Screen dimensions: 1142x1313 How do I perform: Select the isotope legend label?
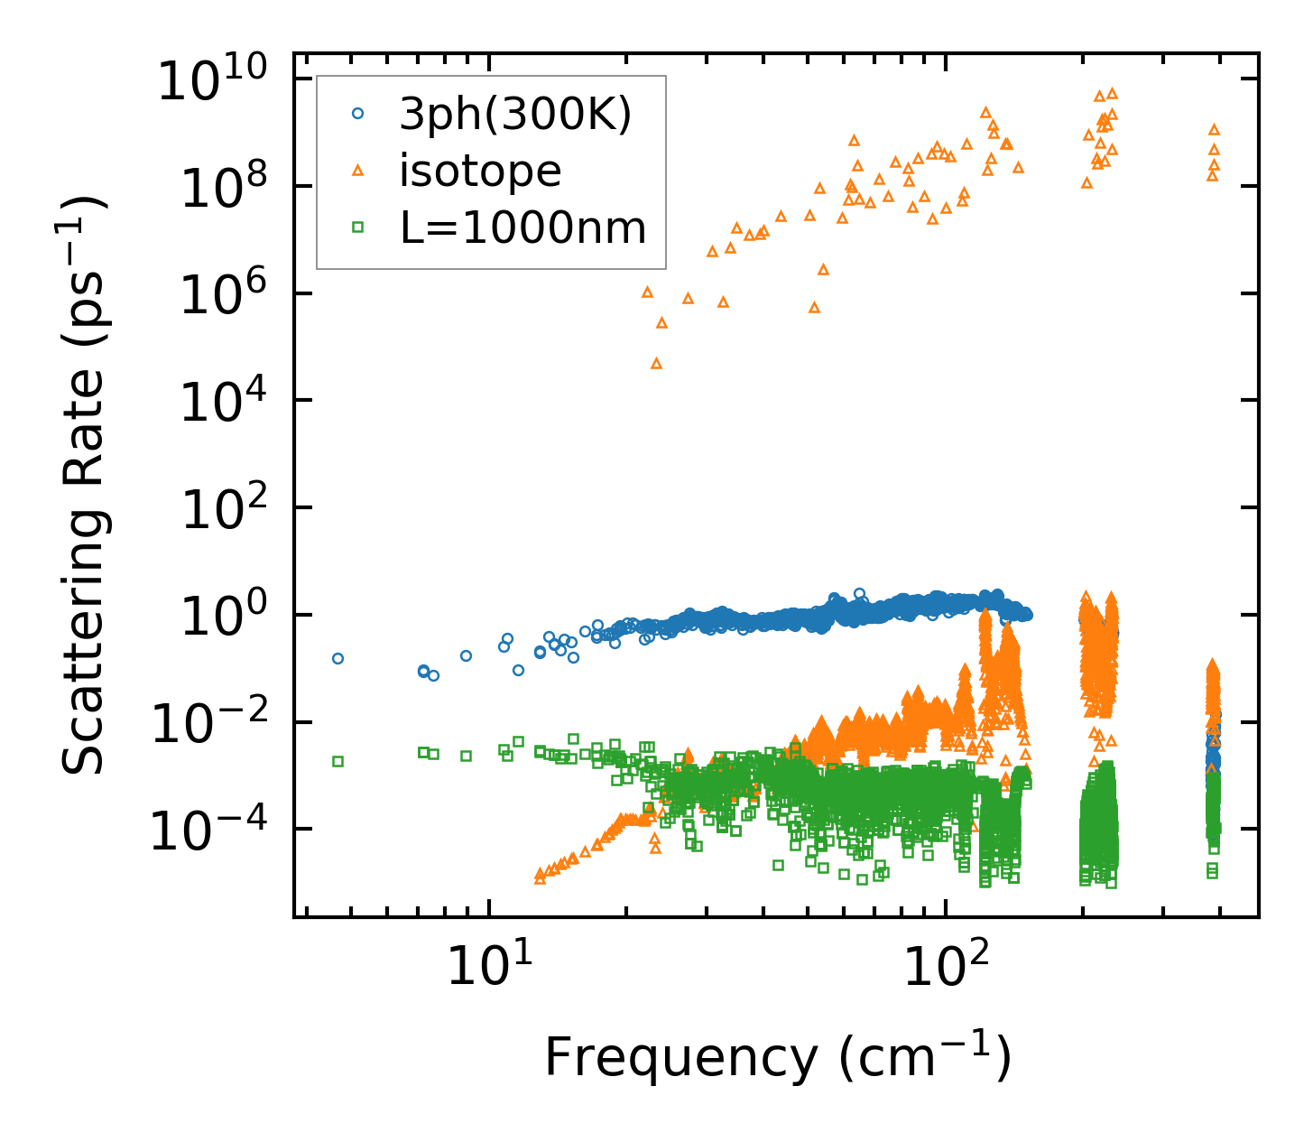[x=480, y=171]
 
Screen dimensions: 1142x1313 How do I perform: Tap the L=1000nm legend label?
[x=523, y=228]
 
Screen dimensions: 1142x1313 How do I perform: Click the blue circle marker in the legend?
[x=358, y=114]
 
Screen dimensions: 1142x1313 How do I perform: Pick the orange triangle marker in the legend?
[x=358, y=171]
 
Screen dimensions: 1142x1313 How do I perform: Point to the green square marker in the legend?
[x=358, y=228]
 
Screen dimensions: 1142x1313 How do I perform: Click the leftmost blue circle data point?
[x=337, y=658]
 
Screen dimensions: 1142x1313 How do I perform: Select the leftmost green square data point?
[x=337, y=761]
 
